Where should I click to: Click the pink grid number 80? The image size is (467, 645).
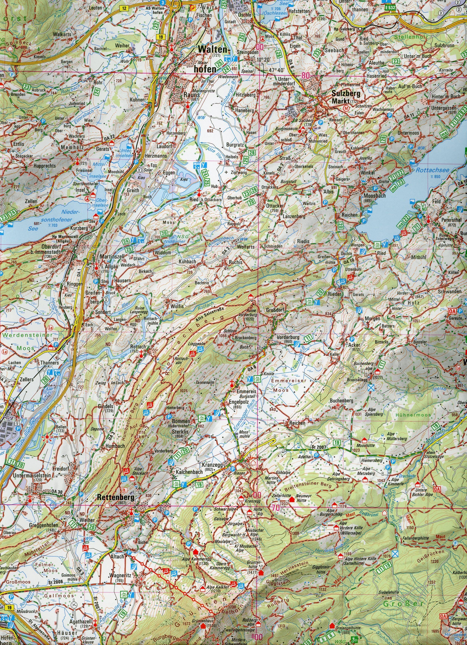click(306, 76)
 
